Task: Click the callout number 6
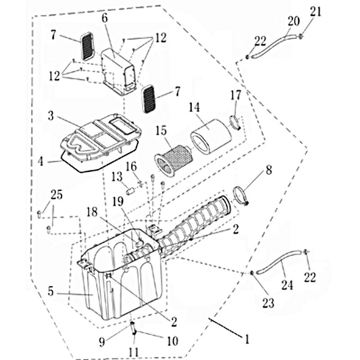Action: (x=105, y=18)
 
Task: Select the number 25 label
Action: (x=56, y=195)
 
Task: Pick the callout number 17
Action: (x=236, y=95)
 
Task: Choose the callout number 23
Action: (x=268, y=303)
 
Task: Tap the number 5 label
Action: (x=50, y=291)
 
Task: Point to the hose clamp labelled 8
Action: (x=242, y=196)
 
